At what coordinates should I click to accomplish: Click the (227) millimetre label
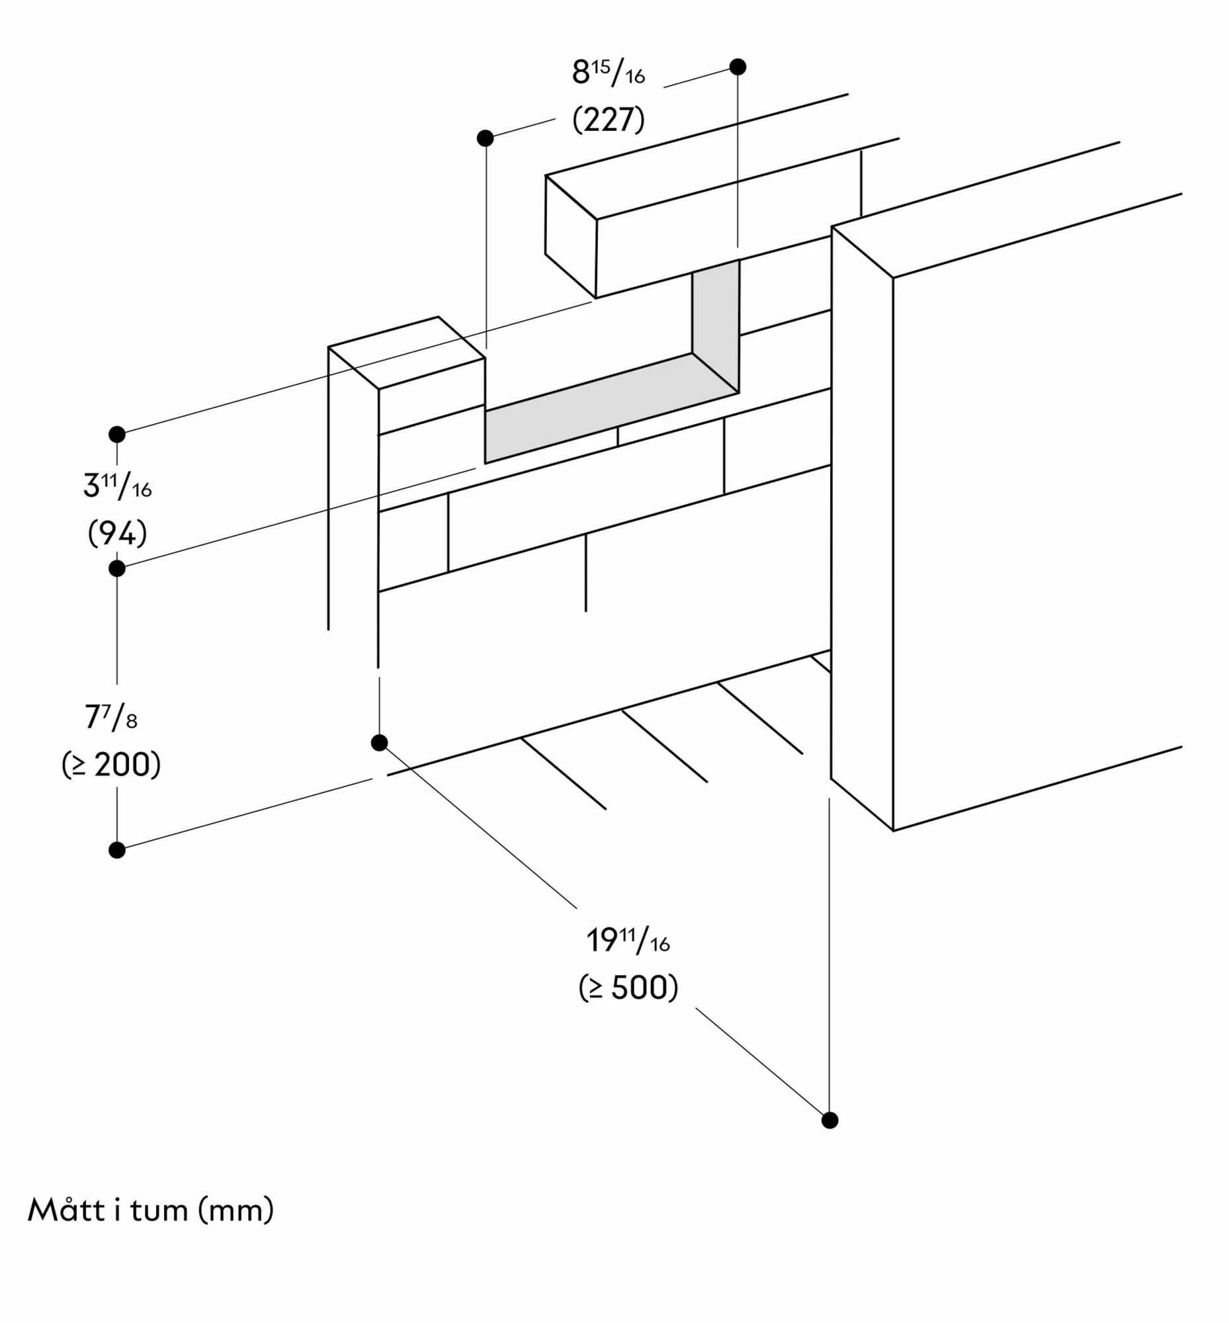click(609, 120)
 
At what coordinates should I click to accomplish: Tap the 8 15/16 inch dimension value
click(609, 72)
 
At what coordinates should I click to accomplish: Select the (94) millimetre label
click(117, 533)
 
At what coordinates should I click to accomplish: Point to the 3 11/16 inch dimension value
click(117, 486)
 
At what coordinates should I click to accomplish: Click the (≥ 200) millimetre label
click(111, 765)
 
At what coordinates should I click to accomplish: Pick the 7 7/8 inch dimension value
click(111, 717)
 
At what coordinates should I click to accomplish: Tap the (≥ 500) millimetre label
click(628, 988)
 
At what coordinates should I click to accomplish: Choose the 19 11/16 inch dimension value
click(628, 940)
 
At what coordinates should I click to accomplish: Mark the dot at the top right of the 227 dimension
click(738, 67)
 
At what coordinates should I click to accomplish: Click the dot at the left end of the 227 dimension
click(486, 138)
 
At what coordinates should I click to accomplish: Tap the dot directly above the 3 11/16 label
click(117, 435)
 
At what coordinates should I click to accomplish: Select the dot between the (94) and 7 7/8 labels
click(117, 569)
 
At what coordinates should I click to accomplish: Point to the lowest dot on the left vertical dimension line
click(117, 850)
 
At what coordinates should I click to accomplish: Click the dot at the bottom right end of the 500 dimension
click(830, 1120)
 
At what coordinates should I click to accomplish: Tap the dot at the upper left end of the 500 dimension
click(379, 743)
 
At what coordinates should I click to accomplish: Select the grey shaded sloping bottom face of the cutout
click(612, 408)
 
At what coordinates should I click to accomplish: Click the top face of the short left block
click(406, 353)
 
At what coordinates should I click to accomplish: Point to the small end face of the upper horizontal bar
click(572, 237)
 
